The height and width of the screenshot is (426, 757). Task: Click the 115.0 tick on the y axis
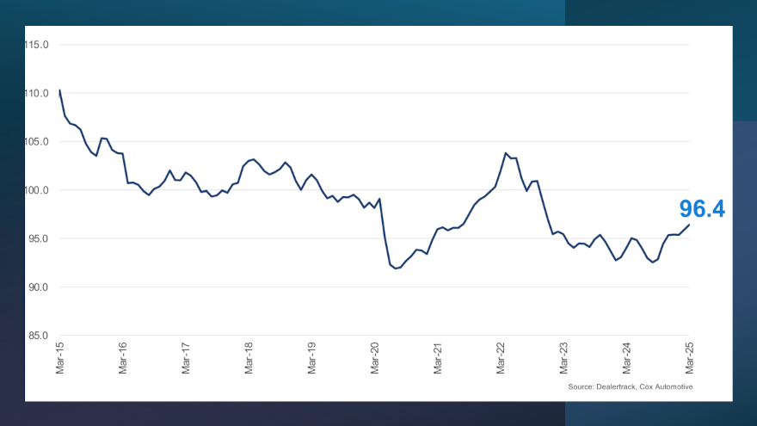(x=37, y=45)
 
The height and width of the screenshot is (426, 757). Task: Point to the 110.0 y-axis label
(x=37, y=93)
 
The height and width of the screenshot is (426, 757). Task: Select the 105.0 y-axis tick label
(x=37, y=142)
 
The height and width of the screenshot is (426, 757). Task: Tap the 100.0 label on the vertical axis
(x=37, y=190)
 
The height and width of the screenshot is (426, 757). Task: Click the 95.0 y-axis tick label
(x=39, y=238)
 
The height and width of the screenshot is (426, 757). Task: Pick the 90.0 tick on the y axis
(x=39, y=287)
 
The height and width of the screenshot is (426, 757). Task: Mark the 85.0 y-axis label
(x=39, y=336)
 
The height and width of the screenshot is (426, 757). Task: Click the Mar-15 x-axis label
(x=59, y=358)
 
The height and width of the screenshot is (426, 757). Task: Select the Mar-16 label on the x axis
(x=122, y=358)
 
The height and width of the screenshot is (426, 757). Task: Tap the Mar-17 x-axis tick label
(x=186, y=358)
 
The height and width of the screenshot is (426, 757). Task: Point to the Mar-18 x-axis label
(x=249, y=358)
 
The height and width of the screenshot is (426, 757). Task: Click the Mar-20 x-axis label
(x=375, y=358)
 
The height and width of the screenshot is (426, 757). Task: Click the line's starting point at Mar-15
(x=59, y=90)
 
